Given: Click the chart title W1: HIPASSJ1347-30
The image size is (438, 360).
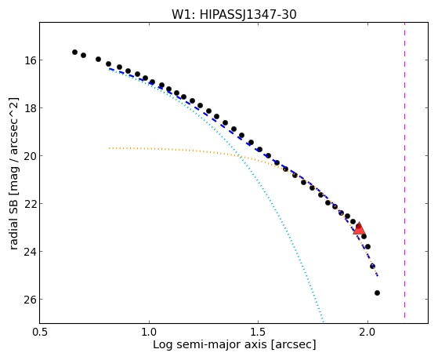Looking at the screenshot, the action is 233,15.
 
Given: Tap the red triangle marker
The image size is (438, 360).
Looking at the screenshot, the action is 359,228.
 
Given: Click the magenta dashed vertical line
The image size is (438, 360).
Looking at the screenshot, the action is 404,170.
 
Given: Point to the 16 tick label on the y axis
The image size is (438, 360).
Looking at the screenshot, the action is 30,60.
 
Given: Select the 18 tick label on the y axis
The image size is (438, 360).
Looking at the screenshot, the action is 30,108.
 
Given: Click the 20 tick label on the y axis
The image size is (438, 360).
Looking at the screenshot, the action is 30,156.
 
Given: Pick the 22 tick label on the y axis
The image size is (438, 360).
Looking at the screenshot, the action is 30,204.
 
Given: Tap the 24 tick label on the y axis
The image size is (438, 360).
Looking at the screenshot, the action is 30,252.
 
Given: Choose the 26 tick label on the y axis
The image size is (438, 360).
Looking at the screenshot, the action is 30,300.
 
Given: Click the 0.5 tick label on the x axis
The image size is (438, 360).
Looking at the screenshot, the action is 40,333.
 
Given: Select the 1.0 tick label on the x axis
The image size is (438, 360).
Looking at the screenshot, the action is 149,333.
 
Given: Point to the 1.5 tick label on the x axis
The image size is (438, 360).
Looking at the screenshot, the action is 259,333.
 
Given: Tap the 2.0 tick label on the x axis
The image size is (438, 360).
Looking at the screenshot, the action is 368,333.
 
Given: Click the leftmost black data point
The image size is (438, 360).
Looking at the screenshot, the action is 74,52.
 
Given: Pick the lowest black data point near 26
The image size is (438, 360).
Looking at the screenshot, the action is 377,293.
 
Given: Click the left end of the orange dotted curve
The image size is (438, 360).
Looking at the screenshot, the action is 110,148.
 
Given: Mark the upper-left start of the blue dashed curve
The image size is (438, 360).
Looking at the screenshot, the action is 110,68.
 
